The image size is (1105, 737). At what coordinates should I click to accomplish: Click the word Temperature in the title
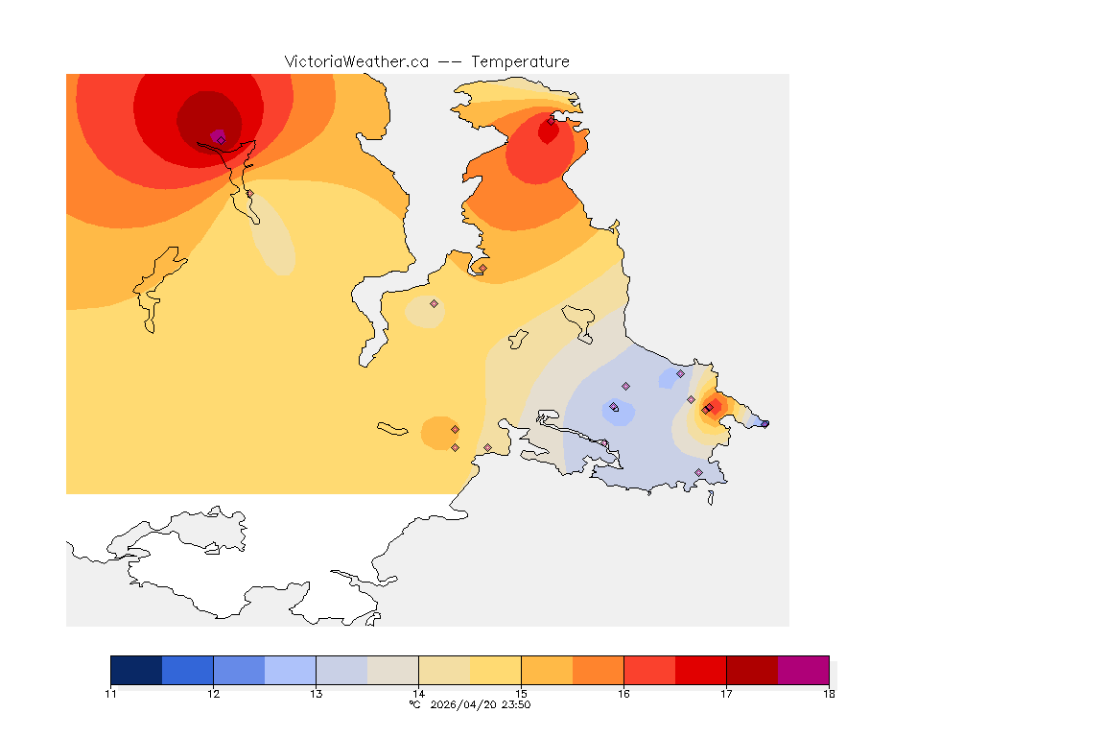(520, 61)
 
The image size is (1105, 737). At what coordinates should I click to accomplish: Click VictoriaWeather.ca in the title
(356, 61)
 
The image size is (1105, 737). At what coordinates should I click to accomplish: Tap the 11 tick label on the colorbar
(110, 694)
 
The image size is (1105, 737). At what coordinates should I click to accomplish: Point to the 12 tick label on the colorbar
(213, 694)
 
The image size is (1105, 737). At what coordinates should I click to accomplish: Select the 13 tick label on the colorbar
(316, 694)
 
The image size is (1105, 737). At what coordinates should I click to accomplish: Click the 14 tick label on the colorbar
(418, 694)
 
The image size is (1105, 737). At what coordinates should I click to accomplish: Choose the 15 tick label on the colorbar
(521, 694)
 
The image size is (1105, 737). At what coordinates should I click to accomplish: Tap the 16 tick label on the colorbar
(623, 694)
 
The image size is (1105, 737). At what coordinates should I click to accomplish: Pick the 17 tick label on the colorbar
(726, 694)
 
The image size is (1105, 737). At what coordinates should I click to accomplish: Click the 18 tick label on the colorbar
(829, 694)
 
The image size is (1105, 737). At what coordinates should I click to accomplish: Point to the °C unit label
(414, 704)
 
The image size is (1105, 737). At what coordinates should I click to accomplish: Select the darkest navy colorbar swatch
(136, 670)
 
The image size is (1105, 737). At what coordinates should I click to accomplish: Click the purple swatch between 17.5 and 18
(803, 670)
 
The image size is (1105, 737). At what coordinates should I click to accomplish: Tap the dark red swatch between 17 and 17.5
(752, 670)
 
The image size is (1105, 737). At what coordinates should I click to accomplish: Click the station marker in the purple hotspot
(221, 139)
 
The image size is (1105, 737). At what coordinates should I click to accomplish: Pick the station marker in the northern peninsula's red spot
(551, 121)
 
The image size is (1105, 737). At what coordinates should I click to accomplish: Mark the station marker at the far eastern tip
(764, 423)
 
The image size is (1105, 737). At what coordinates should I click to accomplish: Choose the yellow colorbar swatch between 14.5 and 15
(495, 670)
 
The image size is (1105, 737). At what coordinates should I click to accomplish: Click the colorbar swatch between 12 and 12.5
(239, 670)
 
